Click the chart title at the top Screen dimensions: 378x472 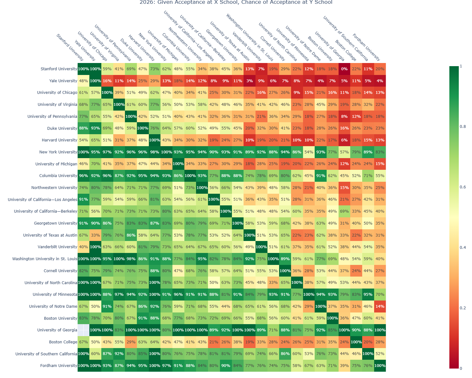pyautogui.click(x=236, y=3)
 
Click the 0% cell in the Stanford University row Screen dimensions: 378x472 pyautogui.click(x=344, y=69)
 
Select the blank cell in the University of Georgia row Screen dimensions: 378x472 pyautogui.click(x=83, y=330)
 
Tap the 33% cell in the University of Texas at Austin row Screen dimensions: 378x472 pyautogui.click(x=95, y=235)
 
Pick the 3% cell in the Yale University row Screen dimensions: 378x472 pyautogui.click(x=250, y=81)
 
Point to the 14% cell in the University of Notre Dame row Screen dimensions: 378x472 pyautogui.click(x=380, y=306)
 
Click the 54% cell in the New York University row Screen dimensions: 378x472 pyautogui.click(x=309, y=152)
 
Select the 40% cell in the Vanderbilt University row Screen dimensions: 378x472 pyautogui.click(x=83, y=247)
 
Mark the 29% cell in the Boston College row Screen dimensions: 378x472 pyautogui.click(x=131, y=342)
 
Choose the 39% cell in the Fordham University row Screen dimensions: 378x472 pyautogui.click(x=344, y=366)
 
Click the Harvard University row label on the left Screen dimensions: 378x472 pyautogui.click(x=59, y=140)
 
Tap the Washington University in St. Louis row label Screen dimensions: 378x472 pyautogui.click(x=45, y=259)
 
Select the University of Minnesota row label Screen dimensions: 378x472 pyautogui.click(x=55, y=295)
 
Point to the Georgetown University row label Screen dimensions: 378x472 pyautogui.click(x=55, y=223)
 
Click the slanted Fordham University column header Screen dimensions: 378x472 pyautogui.click(x=366, y=47)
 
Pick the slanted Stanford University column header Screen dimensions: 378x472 pyautogui.click(x=70, y=47)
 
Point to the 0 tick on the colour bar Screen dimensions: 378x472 pyautogui.click(x=461, y=369)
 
